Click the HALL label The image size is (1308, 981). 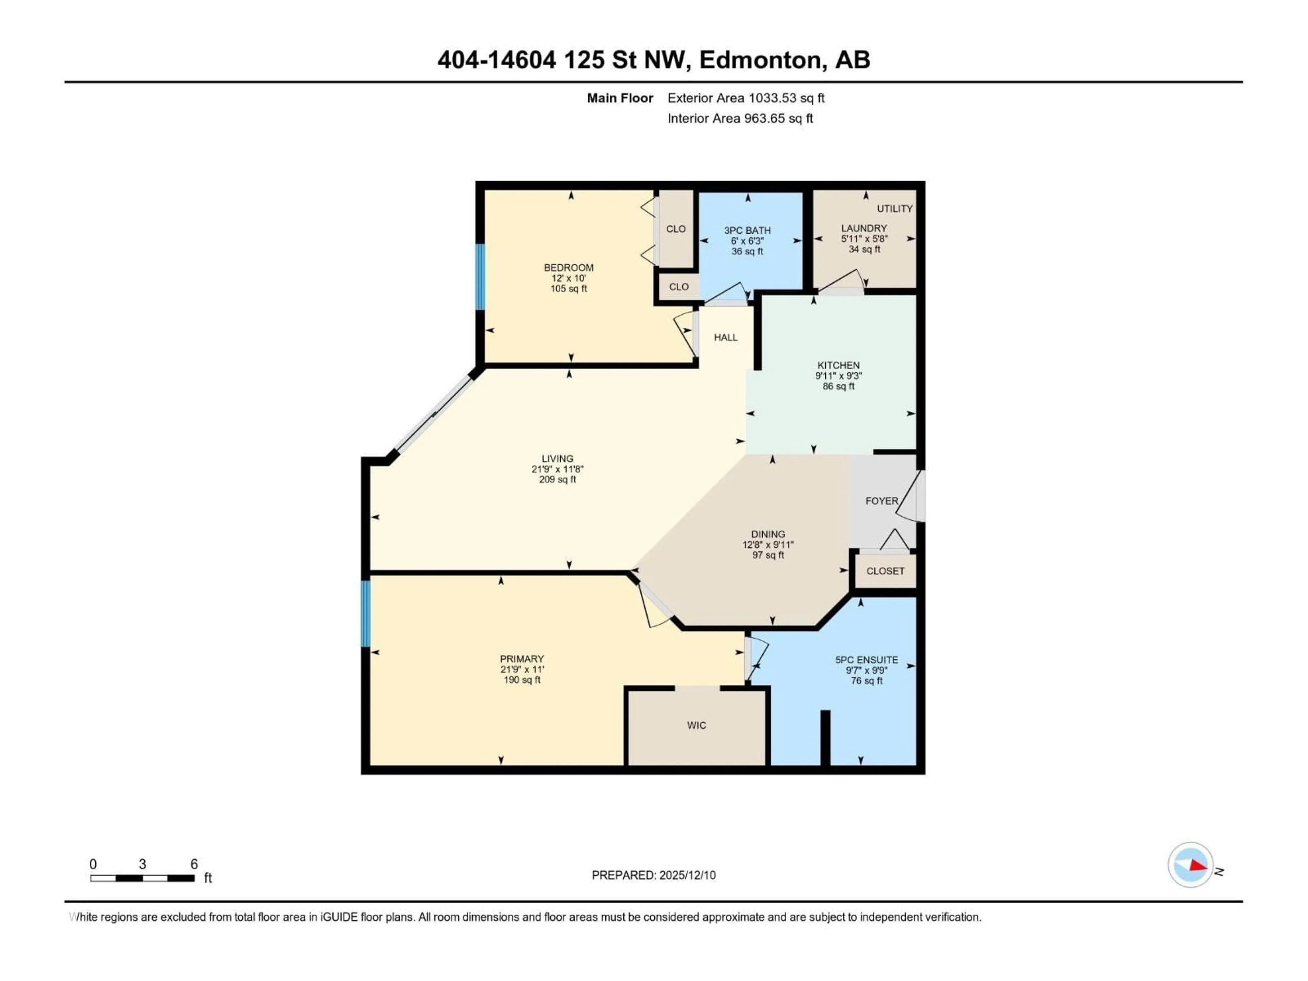point(726,337)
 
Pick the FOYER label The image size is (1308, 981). point(881,501)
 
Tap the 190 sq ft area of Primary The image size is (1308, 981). point(521,680)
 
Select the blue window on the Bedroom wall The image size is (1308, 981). point(480,277)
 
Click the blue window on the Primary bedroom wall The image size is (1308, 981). point(365,613)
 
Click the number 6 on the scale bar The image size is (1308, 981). point(193,864)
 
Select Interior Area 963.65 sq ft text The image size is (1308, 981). point(740,118)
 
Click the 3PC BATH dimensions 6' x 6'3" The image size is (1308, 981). point(747,241)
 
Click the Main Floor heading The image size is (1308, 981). point(619,98)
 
